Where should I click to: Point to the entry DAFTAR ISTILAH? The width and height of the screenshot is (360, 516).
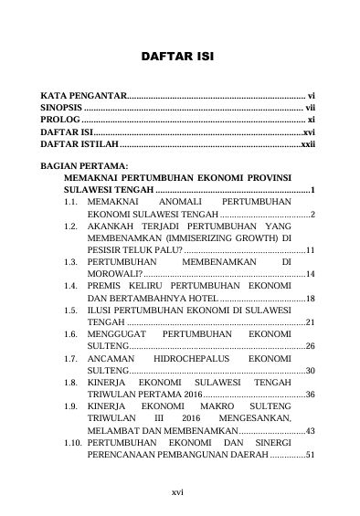79,144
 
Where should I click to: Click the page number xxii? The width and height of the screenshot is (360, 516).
308,144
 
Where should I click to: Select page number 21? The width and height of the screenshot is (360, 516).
311,322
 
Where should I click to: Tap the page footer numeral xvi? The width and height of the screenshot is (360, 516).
178,491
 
